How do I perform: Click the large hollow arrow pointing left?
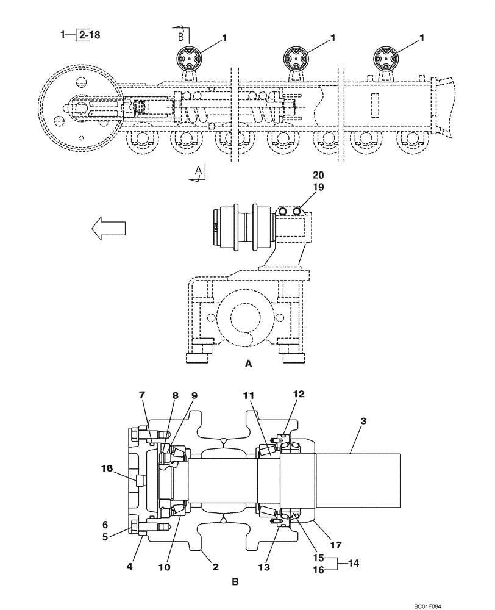(x=109, y=228)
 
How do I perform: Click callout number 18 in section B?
(x=107, y=468)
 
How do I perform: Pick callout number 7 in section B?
(x=143, y=395)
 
